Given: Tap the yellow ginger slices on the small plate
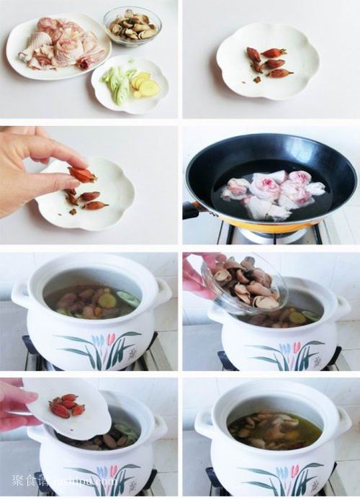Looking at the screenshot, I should (x=148, y=87).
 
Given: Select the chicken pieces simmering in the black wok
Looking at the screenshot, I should (x=274, y=193).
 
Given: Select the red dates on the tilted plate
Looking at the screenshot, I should (x=65, y=407).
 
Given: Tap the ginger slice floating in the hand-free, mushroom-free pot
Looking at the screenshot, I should (x=107, y=301).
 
